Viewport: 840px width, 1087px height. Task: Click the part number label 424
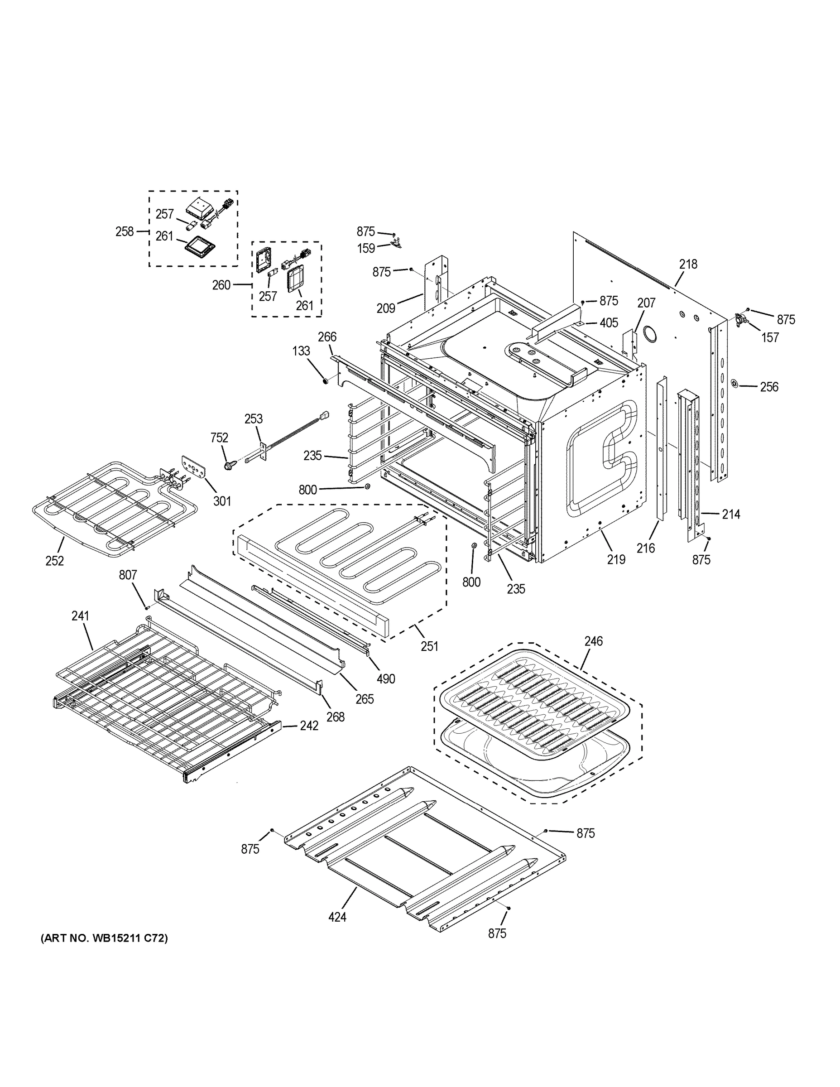click(337, 917)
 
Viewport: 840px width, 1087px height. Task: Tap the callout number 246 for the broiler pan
click(594, 641)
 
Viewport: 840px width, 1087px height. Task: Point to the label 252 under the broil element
click(55, 560)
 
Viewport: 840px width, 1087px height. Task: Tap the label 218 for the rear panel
click(688, 265)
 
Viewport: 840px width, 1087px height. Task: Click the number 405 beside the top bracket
click(609, 322)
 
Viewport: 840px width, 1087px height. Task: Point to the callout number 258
click(125, 231)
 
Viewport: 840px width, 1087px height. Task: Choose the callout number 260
click(221, 285)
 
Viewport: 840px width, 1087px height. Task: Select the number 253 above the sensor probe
click(253, 418)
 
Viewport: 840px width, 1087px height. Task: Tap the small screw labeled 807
click(147, 607)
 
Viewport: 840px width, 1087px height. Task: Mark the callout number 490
click(386, 678)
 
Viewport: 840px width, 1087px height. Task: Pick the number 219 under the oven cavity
click(615, 559)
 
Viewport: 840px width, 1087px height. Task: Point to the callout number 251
click(429, 646)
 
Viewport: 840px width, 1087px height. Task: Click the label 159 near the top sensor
click(366, 248)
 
